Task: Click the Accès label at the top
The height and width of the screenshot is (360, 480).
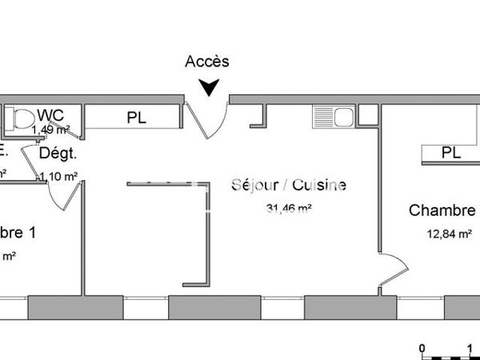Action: point(207,62)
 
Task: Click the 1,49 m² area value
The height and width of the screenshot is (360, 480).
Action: point(51,129)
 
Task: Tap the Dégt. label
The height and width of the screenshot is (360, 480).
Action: point(58,153)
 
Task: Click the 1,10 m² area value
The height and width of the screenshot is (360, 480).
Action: point(58,176)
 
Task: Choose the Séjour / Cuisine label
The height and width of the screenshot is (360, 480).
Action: point(289,186)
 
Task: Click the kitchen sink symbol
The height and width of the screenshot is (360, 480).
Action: point(333,117)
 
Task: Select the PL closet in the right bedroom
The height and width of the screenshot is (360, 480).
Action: point(450,152)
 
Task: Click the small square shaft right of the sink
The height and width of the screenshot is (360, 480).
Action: point(367,115)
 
